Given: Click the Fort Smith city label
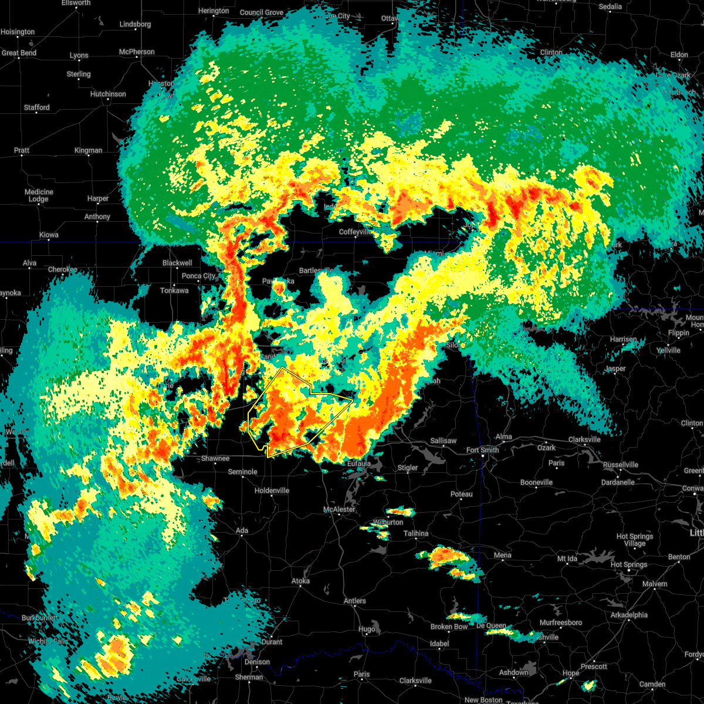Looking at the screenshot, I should pos(482,450).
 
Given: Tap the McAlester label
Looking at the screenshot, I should pos(340,509).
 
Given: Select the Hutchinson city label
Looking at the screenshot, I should pos(108,94).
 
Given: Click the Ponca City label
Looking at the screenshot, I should pos(199,276).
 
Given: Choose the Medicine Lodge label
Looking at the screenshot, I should pos(39,195).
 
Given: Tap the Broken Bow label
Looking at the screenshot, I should pos(449,627).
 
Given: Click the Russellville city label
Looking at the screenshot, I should pos(620,465).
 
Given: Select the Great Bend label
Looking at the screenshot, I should pos(19,53).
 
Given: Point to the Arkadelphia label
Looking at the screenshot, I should pos(629,615).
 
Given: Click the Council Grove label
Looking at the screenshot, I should pos(262,12).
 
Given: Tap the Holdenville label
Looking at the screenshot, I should pos(272,490).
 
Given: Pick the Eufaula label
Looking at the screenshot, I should pos(358,463).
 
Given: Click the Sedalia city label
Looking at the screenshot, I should pos(610,6).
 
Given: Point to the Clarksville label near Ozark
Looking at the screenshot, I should pos(584,439).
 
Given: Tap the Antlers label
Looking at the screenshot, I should pos(354,601).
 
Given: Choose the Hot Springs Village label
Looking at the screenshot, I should pos(635,540).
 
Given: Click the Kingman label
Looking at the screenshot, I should pos(88,150).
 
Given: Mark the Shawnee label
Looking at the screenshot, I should pos(215,458).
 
